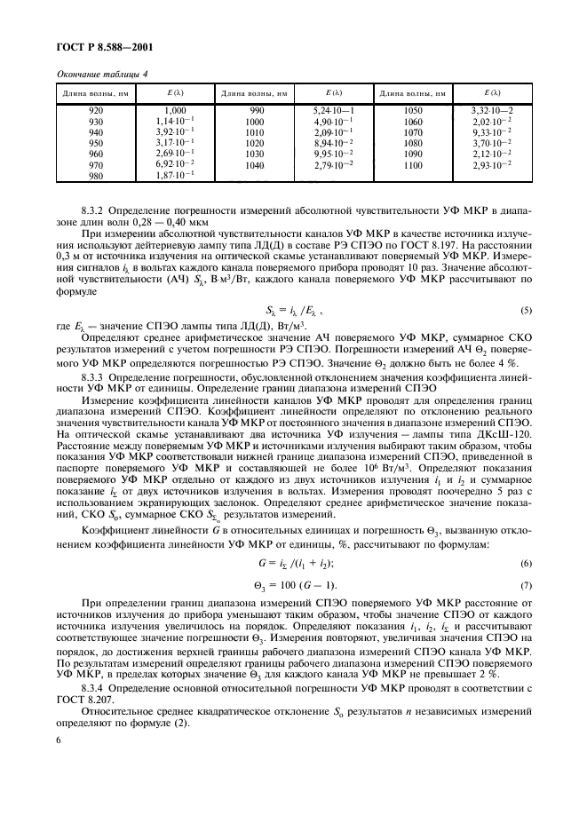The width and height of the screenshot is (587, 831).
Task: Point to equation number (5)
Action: coord(527,310)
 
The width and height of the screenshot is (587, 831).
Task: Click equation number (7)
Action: coord(527,584)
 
